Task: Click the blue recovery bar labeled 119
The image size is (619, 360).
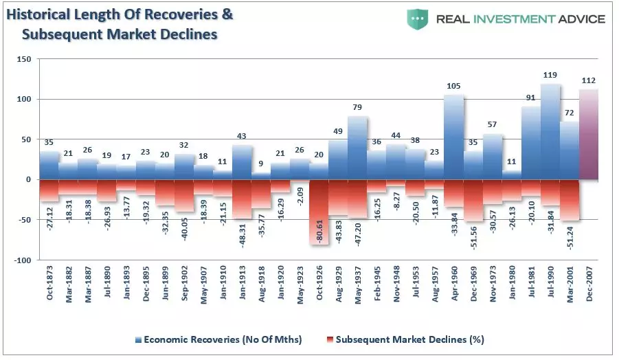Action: (x=550, y=131)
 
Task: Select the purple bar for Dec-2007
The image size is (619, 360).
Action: (x=589, y=134)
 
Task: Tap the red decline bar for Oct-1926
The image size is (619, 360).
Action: (x=319, y=212)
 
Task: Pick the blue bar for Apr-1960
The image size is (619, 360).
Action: (x=453, y=137)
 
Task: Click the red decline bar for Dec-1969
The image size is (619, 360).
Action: (x=473, y=200)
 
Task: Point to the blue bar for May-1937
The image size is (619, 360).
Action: (x=357, y=148)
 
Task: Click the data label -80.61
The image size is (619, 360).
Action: (x=319, y=231)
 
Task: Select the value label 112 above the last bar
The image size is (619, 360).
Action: (x=589, y=80)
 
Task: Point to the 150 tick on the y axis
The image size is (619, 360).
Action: (x=23, y=59)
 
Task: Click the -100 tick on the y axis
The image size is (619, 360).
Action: (x=22, y=260)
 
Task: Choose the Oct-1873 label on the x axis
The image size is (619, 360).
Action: (x=49, y=282)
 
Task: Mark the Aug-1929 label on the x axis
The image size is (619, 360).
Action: (x=338, y=284)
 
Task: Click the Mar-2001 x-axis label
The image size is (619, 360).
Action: (x=570, y=284)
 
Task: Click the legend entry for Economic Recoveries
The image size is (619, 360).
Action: (x=218, y=339)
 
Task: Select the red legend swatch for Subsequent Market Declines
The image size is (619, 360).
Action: (x=330, y=340)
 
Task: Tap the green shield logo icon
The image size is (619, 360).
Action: (x=417, y=19)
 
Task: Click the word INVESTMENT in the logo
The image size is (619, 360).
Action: (x=514, y=19)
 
